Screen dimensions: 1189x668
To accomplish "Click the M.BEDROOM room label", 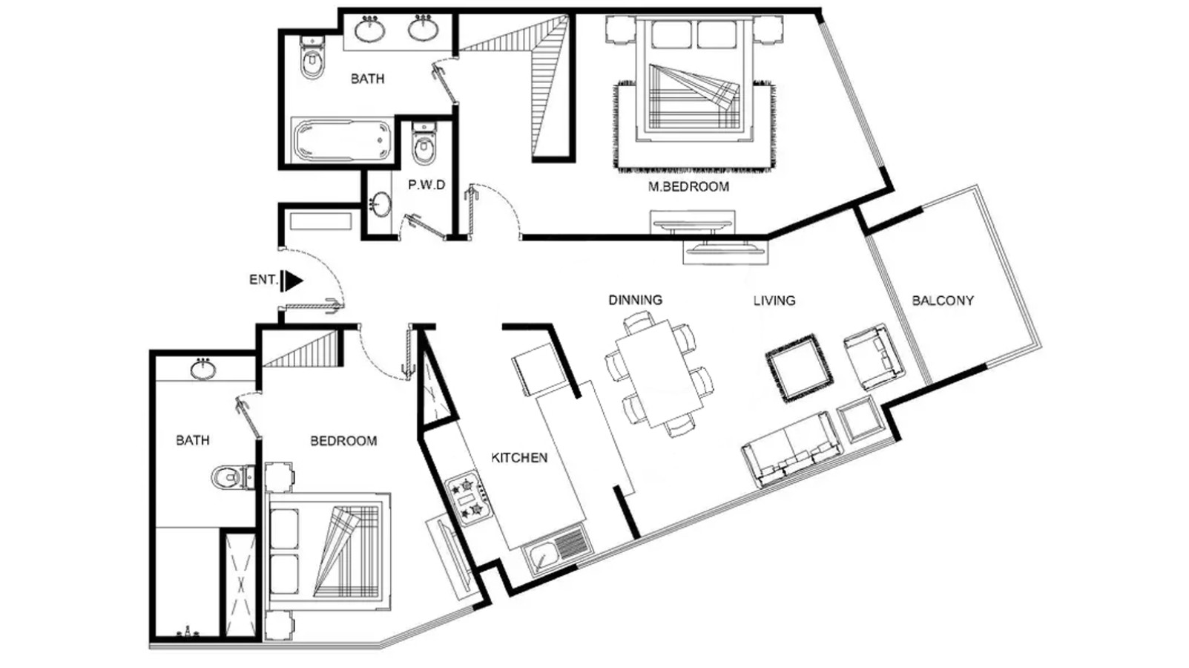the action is pyautogui.click(x=688, y=187).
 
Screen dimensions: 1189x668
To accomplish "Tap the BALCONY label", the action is pyautogui.click(x=943, y=301).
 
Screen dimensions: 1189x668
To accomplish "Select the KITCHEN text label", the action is pyautogui.click(x=519, y=458).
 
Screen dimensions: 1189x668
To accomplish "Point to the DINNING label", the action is pyautogui.click(x=636, y=300).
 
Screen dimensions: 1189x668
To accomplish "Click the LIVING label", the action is pyautogui.click(x=774, y=301).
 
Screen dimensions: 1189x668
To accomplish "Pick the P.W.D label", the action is pyautogui.click(x=426, y=185).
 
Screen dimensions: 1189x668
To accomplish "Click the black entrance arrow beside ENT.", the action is pyautogui.click(x=292, y=281).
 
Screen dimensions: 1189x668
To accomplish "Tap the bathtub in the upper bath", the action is pyautogui.click(x=343, y=141).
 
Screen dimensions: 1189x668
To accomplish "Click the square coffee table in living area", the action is pyautogui.click(x=799, y=367).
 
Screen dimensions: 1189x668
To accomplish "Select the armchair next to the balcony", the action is pyautogui.click(x=873, y=357).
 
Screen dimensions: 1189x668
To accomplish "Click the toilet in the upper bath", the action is pyautogui.click(x=312, y=57).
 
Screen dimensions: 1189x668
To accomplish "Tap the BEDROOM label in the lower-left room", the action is pyautogui.click(x=343, y=441).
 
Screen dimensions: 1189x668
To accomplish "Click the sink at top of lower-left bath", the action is pyautogui.click(x=203, y=369).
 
